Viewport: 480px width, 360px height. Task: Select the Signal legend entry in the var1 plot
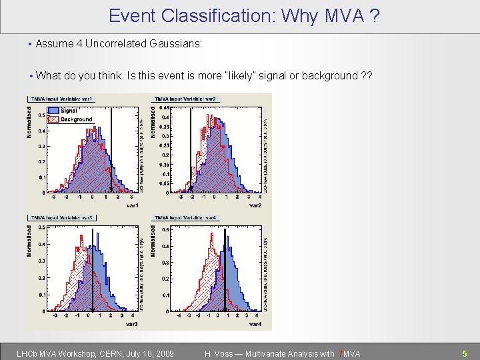68,111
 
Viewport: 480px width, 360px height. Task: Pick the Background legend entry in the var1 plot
75,119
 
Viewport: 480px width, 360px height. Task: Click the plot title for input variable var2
187,99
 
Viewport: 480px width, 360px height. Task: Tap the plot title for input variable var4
187,217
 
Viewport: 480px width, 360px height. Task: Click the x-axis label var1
132,205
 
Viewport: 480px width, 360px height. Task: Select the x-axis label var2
255,205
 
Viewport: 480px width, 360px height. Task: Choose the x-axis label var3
132,324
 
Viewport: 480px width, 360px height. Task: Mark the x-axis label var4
255,324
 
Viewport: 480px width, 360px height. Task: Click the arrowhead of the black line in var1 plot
111,191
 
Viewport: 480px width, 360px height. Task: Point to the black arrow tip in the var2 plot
190,191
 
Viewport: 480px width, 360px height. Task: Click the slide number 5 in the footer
465,353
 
